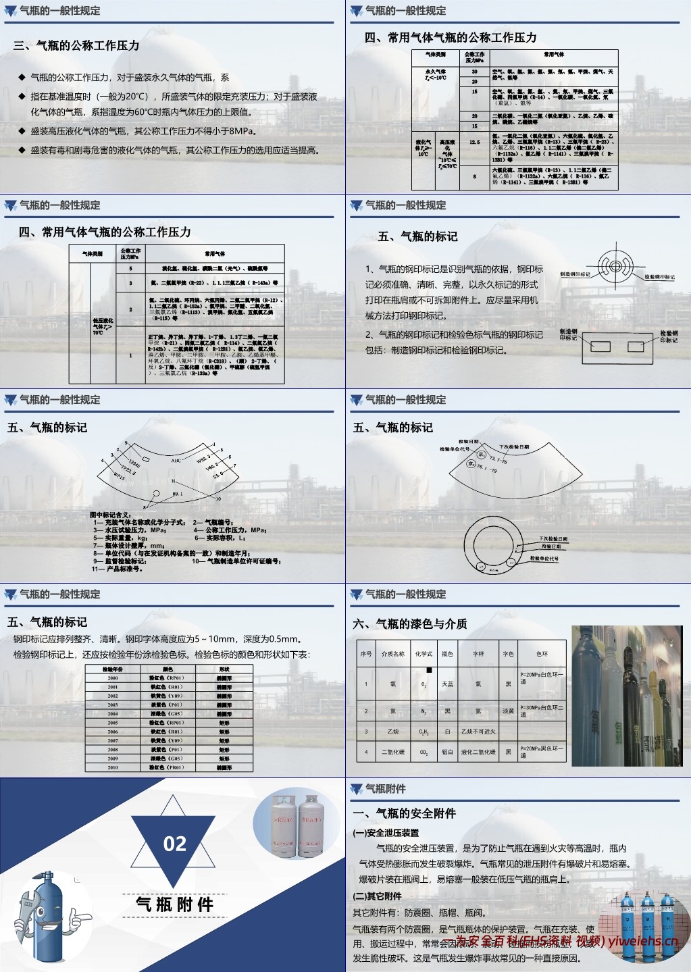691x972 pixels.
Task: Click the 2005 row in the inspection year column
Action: click(x=113, y=723)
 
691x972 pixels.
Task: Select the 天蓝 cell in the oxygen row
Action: click(x=447, y=684)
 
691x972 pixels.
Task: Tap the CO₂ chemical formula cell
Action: click(x=424, y=752)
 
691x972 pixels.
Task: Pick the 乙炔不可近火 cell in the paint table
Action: click(x=478, y=732)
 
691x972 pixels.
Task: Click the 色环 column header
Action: click(x=542, y=654)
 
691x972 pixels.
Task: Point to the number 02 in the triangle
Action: click(x=174, y=844)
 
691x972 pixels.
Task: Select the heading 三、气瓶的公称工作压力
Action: click(x=76, y=46)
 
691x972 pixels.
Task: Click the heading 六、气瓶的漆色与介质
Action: click(x=410, y=624)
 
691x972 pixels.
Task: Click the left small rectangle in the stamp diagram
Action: click(x=600, y=347)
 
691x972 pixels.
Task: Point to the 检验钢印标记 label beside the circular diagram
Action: click(x=659, y=277)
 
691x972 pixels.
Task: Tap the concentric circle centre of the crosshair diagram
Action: click(x=615, y=266)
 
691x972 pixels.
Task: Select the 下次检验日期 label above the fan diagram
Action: click(x=514, y=447)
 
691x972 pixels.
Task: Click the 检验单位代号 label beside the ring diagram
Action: click(x=544, y=559)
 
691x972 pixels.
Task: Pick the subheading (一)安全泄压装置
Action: click(x=386, y=833)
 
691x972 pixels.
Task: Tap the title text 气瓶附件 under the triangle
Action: click(x=174, y=905)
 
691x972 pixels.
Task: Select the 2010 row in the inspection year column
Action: click(x=113, y=767)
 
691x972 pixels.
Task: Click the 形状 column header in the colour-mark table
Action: click(x=224, y=669)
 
